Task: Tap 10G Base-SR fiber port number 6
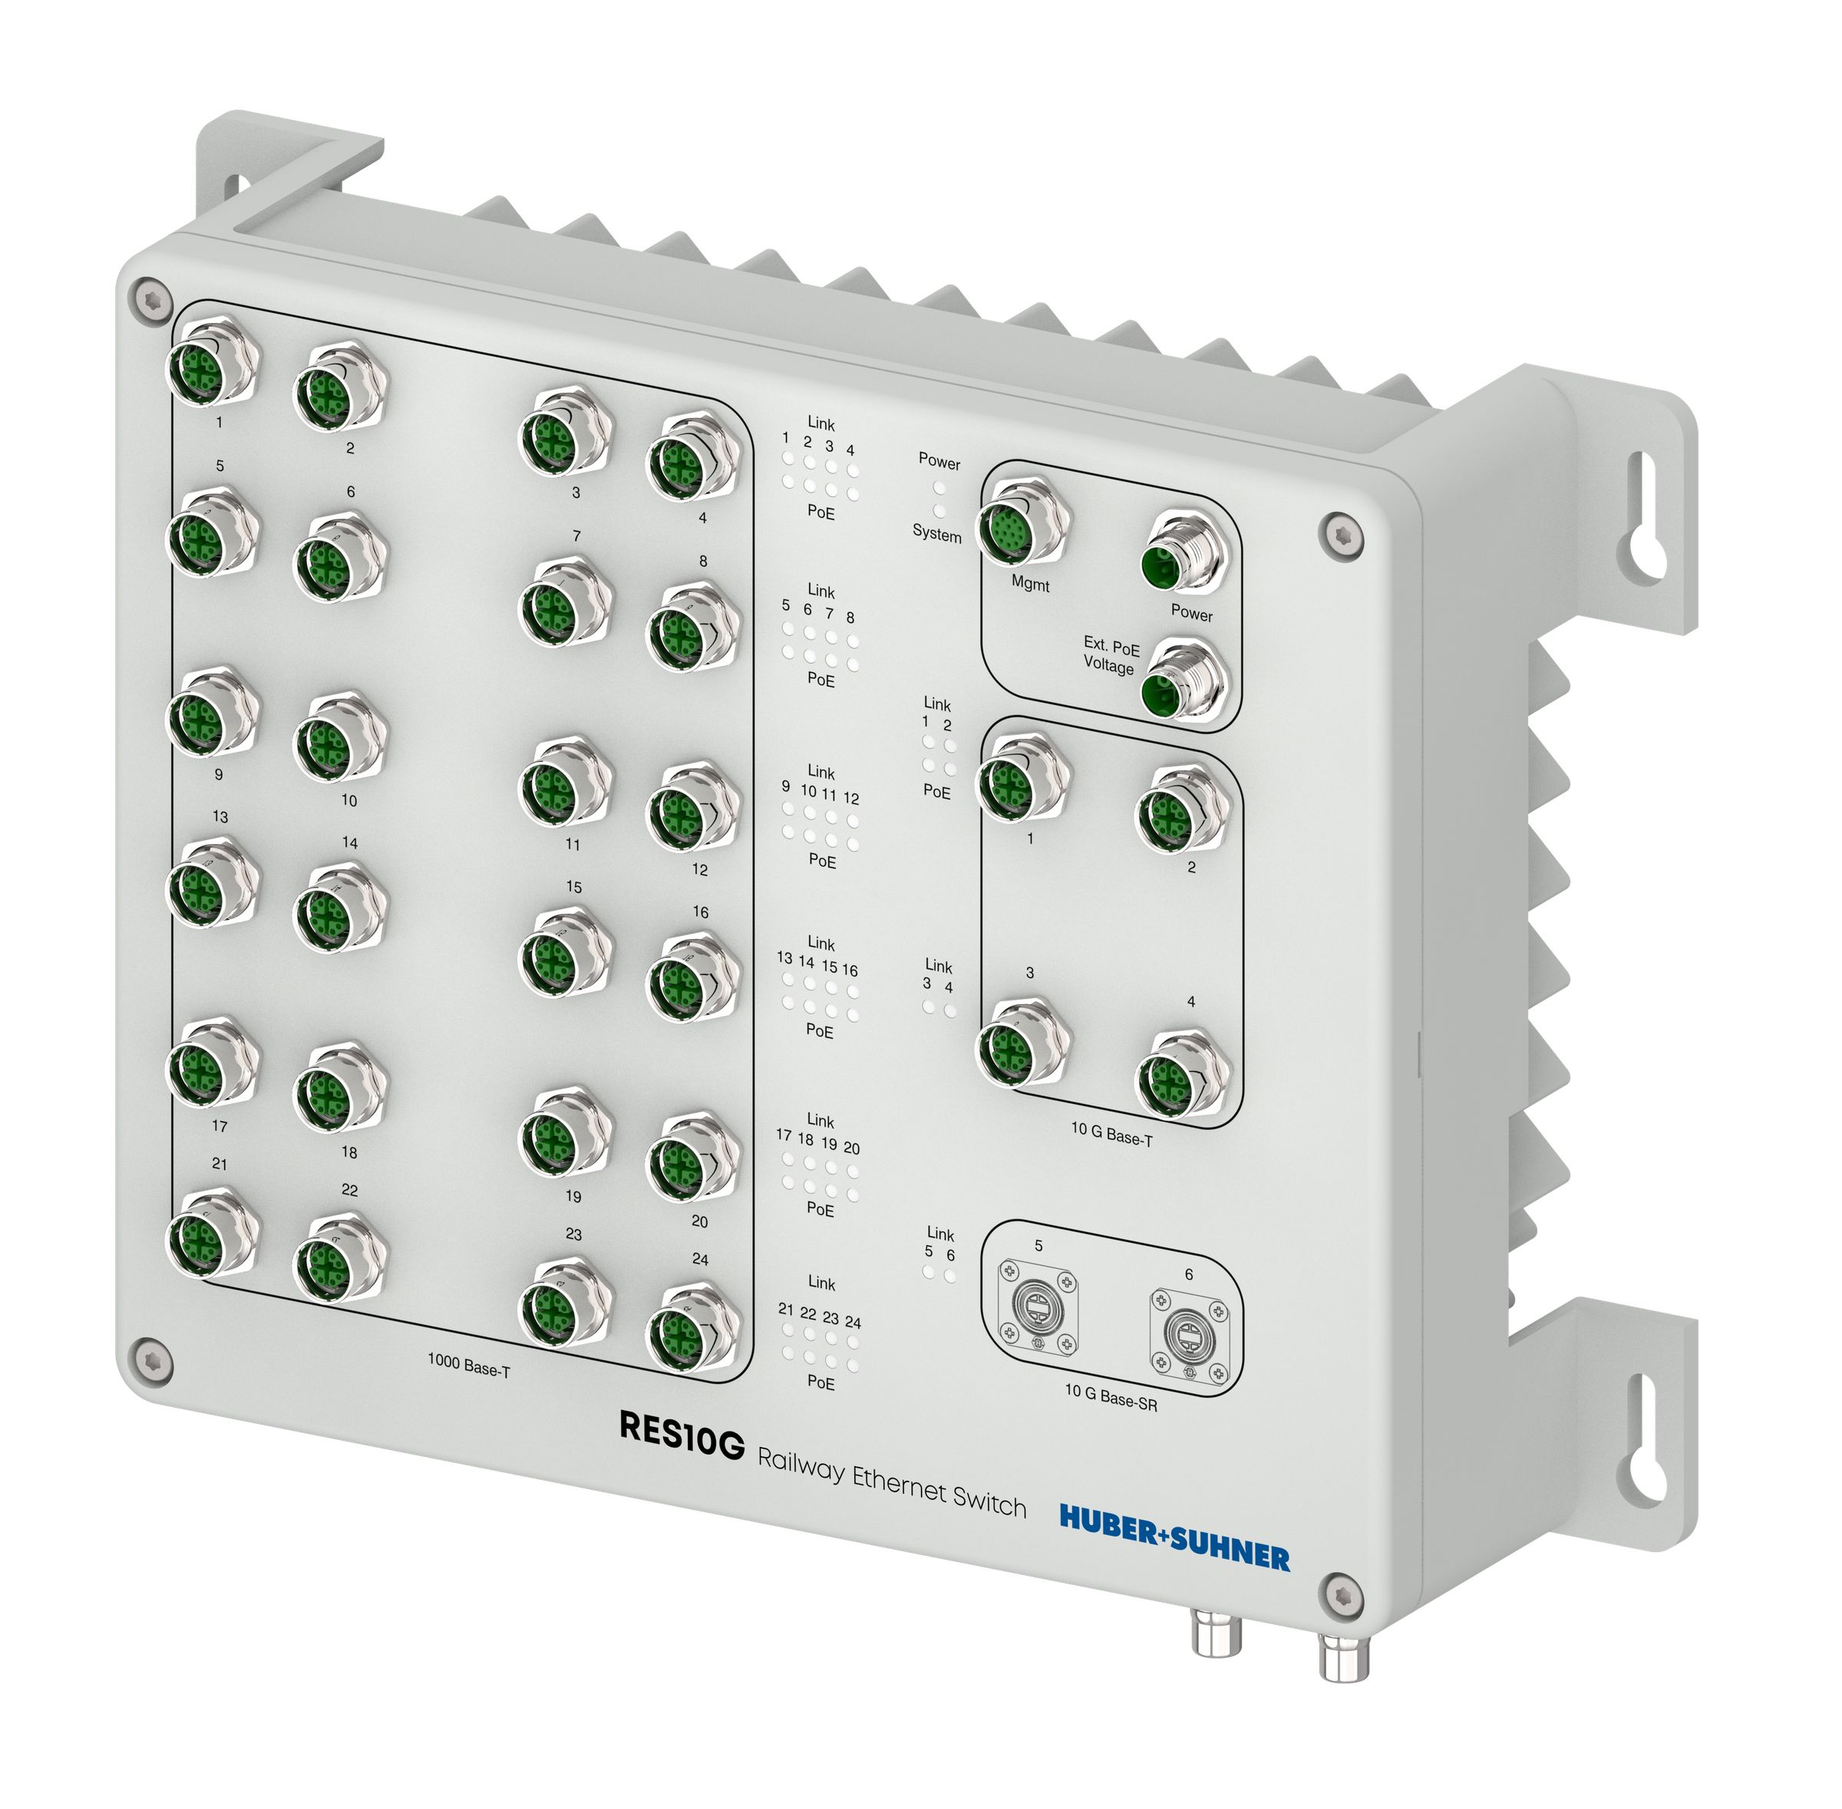(x=1188, y=1336)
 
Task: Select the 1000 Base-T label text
(x=469, y=1366)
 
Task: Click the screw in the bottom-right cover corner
(x=1340, y=1593)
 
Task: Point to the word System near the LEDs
(x=936, y=534)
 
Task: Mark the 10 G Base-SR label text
(x=1110, y=1397)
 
